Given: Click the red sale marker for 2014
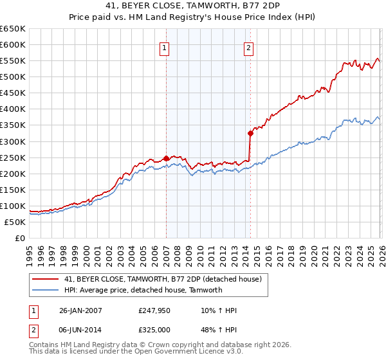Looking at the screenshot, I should click(250, 133).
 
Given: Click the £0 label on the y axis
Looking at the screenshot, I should click(19, 238).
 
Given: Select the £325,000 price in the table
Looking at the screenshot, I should click(154, 328).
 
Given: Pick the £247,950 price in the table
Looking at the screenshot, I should click(154, 310).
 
